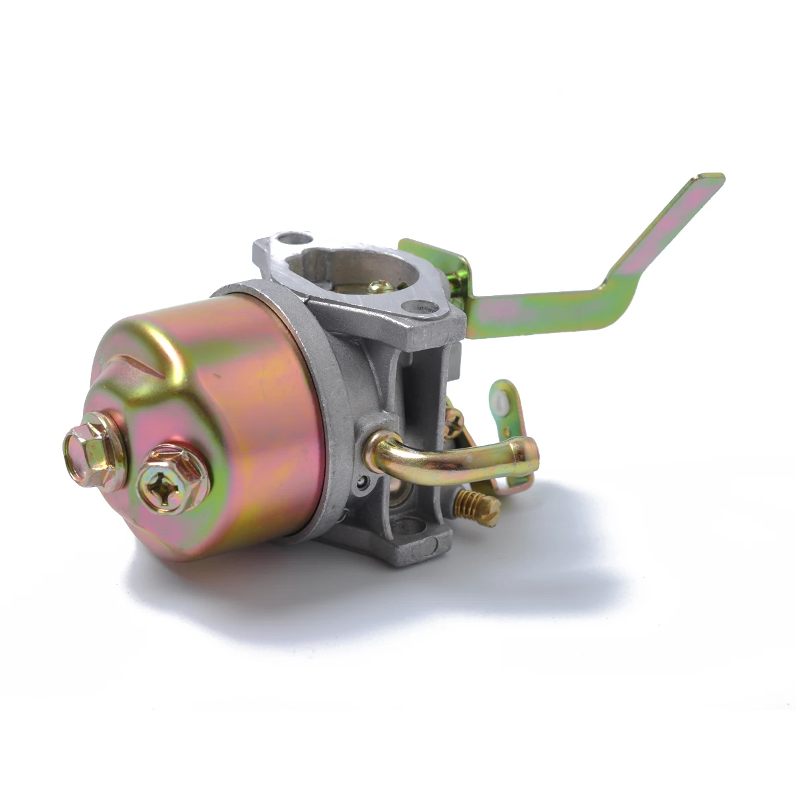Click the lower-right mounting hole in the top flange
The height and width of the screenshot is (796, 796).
[x=420, y=307]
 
